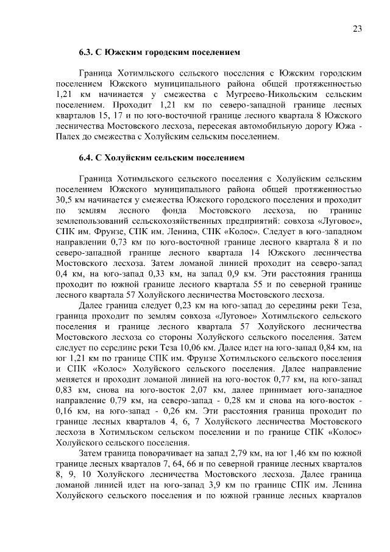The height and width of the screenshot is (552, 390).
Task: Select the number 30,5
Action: click(64, 199)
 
